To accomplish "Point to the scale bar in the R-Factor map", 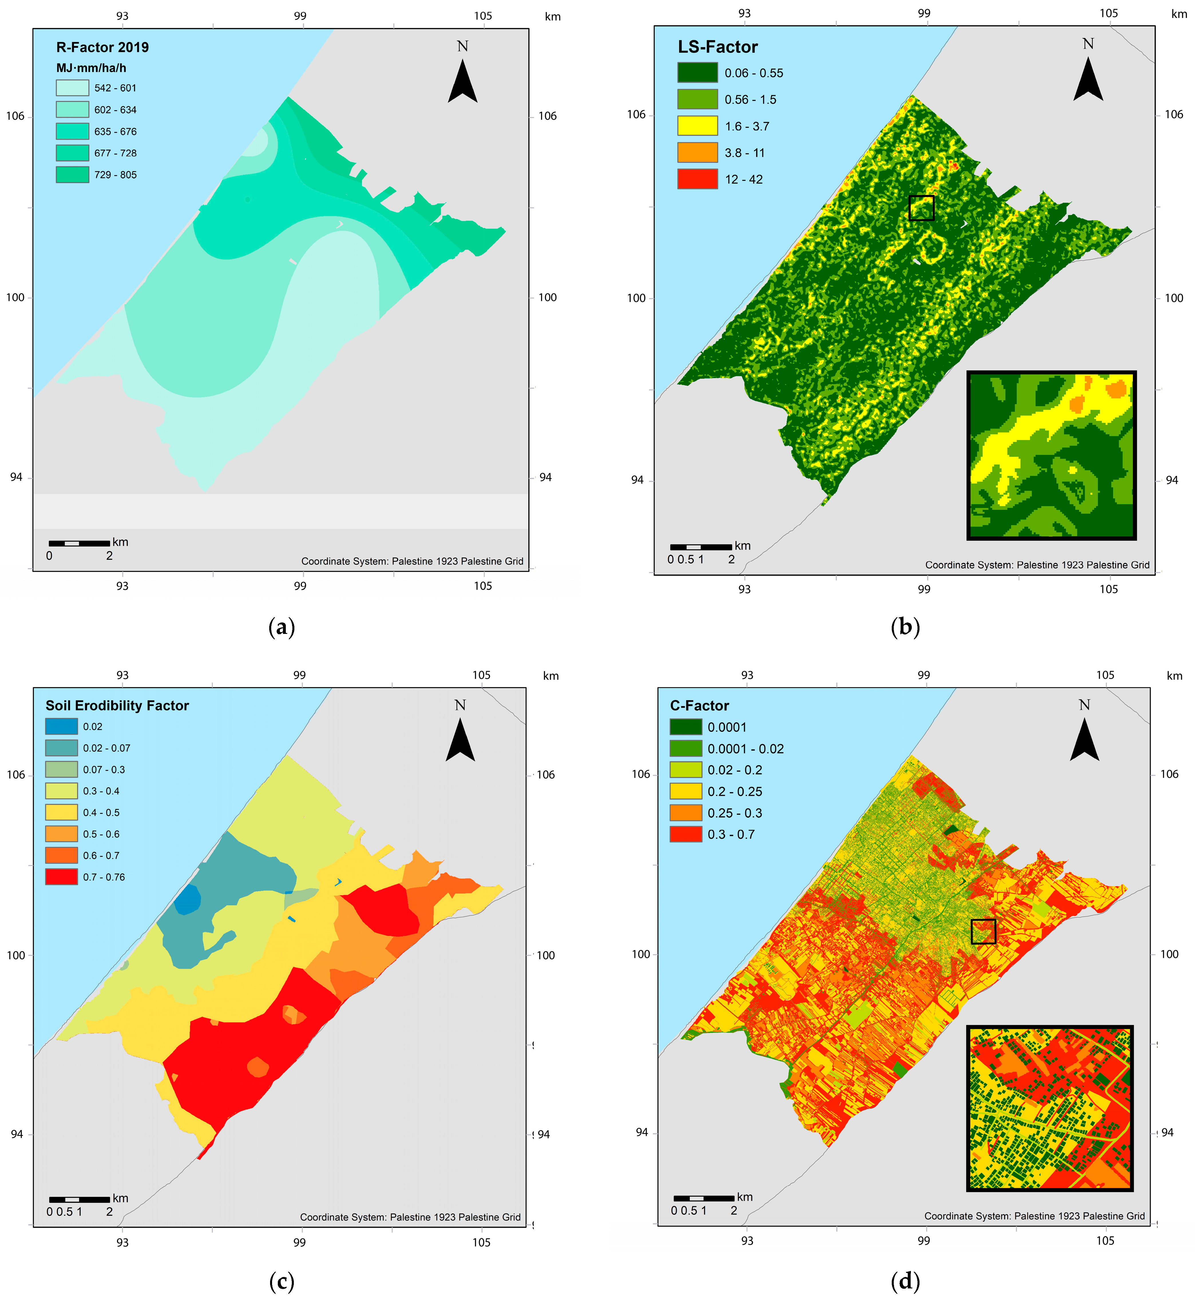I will pyautogui.click(x=79, y=543).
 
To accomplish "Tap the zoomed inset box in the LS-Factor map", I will pyautogui.click(x=1051, y=455).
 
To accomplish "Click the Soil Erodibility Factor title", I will pyautogui.click(x=117, y=705).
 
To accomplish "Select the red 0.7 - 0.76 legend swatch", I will pyautogui.click(x=62, y=877).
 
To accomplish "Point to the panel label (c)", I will pyautogui.click(x=281, y=1281).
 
